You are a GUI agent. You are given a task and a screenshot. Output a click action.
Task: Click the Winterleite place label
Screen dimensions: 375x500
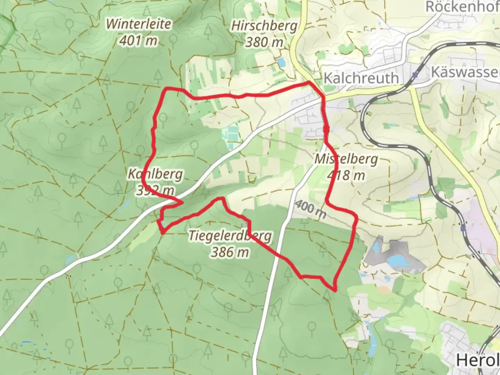139,24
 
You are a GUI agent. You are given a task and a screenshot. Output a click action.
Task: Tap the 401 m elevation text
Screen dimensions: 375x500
138,41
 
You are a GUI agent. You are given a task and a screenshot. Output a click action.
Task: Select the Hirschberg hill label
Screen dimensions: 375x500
264,26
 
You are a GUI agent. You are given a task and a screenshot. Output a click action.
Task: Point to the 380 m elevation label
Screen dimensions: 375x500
264,42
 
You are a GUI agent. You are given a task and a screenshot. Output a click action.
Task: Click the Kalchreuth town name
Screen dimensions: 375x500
361,78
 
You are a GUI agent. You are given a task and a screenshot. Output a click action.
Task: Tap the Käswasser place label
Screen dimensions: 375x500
465,72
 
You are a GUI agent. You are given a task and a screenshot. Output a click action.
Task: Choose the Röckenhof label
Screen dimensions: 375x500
462,7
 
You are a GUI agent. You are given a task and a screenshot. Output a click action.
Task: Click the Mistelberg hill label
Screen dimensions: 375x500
346,159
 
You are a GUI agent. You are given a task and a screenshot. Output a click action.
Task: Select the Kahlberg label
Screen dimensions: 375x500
155,174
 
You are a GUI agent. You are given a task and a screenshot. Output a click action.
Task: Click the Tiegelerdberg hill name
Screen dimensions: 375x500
230,236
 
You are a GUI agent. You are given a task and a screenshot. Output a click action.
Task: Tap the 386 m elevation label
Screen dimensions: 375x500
230,252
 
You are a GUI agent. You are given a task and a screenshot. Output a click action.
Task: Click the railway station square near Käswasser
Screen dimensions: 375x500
415,75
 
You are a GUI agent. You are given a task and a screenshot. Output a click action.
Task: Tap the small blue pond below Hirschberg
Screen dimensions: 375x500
281,62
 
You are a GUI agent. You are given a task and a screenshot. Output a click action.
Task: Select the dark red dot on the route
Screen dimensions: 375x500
326,129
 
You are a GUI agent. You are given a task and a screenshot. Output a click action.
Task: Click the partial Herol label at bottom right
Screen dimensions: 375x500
477,360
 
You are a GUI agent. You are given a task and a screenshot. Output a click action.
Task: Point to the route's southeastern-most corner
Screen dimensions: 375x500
335,290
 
